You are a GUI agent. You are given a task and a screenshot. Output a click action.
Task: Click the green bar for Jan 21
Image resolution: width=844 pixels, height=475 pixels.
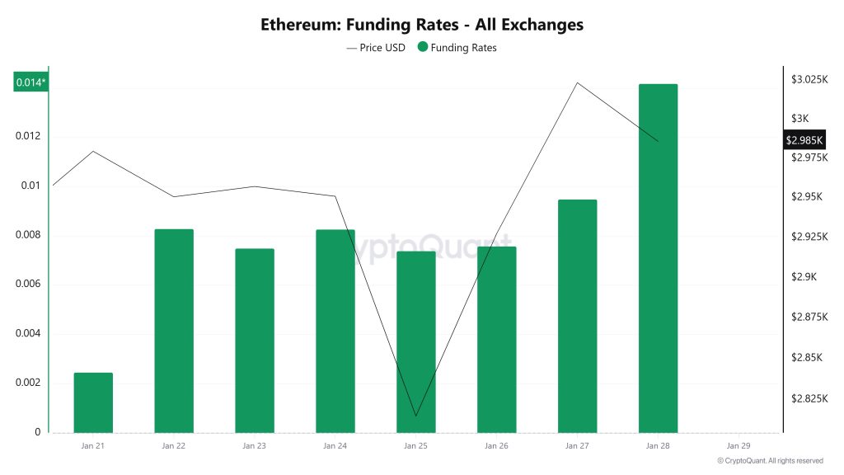pos(93,402)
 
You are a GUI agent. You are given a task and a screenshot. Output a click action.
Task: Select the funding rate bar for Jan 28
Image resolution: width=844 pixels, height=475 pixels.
pos(658,258)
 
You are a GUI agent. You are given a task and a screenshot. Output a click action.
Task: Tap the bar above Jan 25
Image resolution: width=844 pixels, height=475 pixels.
pos(415,341)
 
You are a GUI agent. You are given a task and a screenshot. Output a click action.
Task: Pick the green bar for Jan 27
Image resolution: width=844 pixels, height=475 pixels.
pos(577,316)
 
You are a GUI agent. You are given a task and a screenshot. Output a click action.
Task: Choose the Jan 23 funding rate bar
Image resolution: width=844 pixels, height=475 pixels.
pos(254,341)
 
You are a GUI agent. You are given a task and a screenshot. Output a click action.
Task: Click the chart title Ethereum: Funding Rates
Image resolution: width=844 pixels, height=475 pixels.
pos(422,25)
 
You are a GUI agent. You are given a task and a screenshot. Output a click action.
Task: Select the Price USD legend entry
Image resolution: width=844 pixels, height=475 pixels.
pos(377,48)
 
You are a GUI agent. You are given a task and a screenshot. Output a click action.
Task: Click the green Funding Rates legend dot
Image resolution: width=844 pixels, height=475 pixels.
pos(423,48)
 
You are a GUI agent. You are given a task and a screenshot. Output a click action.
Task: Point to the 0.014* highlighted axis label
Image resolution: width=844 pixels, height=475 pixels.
pos(31,82)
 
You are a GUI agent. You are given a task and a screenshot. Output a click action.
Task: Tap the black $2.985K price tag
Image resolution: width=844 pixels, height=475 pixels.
pos(805,140)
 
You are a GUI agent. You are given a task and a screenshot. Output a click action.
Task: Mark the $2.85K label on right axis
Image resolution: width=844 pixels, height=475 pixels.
pos(807,357)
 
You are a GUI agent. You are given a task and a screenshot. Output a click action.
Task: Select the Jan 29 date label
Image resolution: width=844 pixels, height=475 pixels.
pos(738,446)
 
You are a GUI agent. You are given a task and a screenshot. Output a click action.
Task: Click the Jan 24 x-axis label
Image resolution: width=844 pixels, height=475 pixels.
pos(335,446)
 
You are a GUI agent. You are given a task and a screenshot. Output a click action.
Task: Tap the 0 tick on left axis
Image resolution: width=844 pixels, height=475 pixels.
pos(38,432)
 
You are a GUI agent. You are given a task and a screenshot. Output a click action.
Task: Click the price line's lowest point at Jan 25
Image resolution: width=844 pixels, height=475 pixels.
pos(415,416)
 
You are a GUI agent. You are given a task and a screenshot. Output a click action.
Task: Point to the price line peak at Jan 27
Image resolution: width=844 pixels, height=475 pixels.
pos(577,82)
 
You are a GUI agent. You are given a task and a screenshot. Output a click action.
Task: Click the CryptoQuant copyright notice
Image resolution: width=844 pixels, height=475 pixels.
pos(770,461)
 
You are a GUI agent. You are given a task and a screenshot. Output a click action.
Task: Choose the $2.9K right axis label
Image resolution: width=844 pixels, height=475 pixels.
pos(808,277)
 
